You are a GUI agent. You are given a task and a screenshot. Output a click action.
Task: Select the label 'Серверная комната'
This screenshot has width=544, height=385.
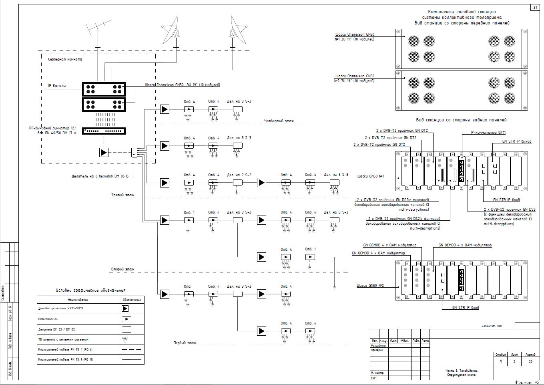coord(65,59)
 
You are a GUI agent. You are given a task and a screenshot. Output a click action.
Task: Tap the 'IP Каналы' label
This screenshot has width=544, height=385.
coord(57,86)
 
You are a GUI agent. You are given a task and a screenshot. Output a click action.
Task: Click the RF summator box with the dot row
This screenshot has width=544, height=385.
coord(104,131)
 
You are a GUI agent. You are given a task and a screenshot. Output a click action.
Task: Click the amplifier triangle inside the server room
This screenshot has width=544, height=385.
coord(104,152)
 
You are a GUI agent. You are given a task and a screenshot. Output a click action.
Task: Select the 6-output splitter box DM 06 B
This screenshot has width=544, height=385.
coord(134,152)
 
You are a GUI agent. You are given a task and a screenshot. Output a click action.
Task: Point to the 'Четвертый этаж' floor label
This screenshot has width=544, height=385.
coord(279,121)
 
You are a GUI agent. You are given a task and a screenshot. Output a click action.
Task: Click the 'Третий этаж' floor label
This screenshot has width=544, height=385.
coord(123,196)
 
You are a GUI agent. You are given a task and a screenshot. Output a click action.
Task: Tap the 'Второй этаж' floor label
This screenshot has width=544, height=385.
coord(123,270)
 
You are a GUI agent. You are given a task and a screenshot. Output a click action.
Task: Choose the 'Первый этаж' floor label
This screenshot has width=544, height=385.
coord(185,343)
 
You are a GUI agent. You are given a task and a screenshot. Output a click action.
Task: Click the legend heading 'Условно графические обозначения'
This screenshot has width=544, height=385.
coord(91,290)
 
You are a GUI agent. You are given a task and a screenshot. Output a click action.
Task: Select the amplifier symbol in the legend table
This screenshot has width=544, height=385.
coord(125,308)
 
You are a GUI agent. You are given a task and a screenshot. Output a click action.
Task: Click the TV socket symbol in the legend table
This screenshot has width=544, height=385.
coord(125,339)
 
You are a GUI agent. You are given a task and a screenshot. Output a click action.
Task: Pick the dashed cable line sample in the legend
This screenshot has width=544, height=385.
coord(132,349)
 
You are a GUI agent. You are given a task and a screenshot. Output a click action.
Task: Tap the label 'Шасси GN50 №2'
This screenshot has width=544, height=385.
coord(370,286)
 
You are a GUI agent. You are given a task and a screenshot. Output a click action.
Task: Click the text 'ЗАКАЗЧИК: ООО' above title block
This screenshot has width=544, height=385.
coord(491,326)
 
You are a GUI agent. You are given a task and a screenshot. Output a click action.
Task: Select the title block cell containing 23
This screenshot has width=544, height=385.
coord(530,362)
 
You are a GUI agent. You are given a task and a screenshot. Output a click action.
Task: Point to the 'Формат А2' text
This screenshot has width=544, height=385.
coord(529,382)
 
